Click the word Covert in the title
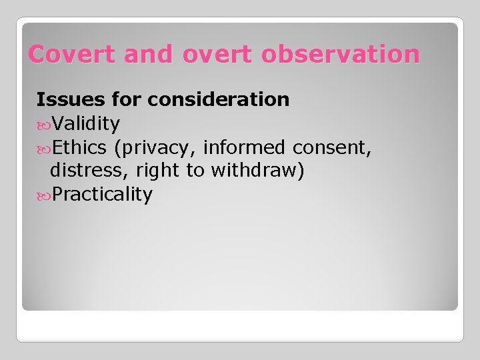click(62, 54)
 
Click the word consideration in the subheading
click(219, 99)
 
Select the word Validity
click(86, 123)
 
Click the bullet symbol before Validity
click(43, 124)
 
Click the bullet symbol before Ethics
click(43, 147)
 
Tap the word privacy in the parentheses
click(157, 147)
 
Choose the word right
click(159, 171)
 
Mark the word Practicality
click(103, 195)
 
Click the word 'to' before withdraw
click(195, 171)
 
